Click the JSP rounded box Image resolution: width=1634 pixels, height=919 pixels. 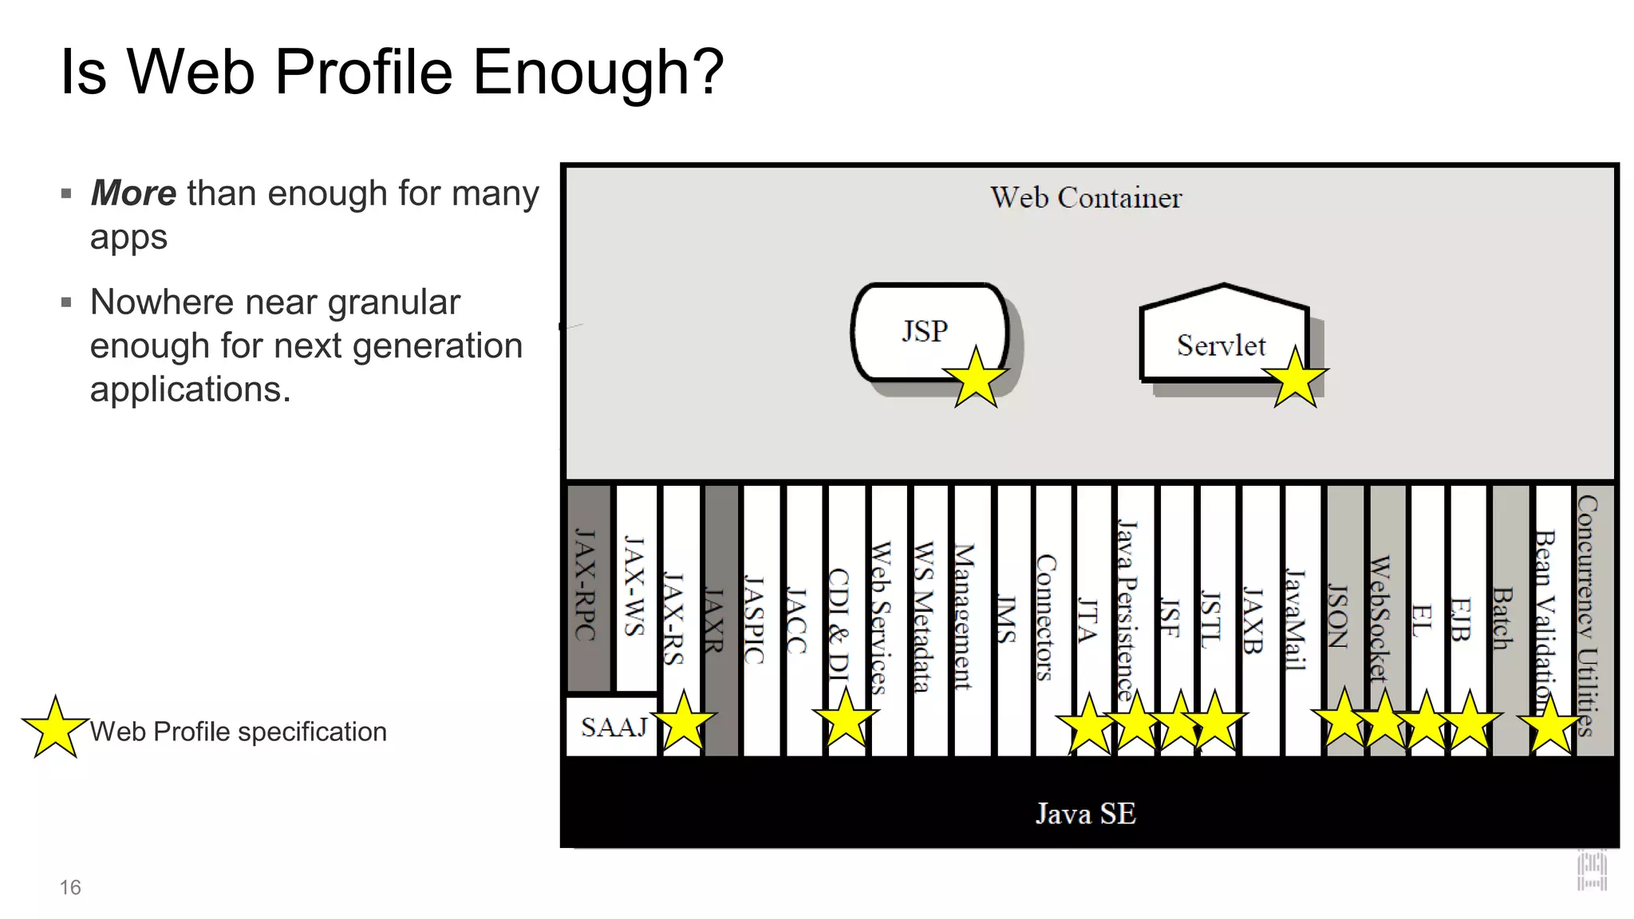coord(926,330)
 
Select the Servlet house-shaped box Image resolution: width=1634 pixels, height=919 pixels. coord(1221,339)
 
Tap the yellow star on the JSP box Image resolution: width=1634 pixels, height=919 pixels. coord(975,378)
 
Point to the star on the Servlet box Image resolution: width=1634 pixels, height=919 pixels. coord(1294,378)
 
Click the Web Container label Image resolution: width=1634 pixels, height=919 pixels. coord(1085,198)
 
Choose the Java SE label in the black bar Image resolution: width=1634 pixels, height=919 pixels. coord(1085,814)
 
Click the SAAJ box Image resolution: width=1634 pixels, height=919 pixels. coord(613,727)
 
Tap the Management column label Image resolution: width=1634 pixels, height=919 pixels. coord(965,616)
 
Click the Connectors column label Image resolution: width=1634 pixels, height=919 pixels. coord(1046,617)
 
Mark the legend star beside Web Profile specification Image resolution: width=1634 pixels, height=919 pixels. coord(54,728)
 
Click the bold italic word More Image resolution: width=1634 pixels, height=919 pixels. coord(133,193)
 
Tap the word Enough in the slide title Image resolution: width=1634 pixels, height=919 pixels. coord(598,72)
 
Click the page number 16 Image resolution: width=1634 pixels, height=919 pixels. coord(70,887)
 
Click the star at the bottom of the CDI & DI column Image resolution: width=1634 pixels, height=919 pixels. coord(846,719)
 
